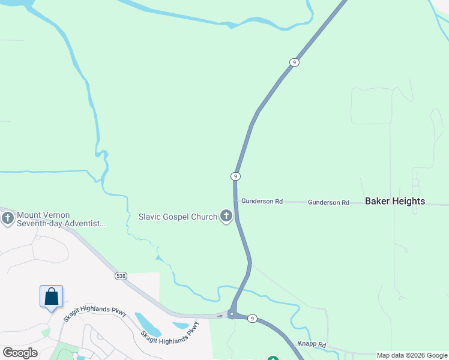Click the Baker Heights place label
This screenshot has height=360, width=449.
395,202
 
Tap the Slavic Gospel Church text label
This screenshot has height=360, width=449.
178,217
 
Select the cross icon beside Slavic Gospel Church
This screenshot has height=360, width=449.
226,216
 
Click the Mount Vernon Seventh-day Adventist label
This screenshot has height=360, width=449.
61,219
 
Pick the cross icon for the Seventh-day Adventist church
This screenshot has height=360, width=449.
8,218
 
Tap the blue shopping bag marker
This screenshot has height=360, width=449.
51,296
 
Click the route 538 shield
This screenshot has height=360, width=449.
121,276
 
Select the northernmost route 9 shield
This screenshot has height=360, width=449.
294,62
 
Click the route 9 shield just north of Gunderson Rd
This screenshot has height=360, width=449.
236,176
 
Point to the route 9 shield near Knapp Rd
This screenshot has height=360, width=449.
253,319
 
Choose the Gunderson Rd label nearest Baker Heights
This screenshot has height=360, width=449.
328,203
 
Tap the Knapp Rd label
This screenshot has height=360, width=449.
312,345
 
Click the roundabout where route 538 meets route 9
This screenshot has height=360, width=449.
232,314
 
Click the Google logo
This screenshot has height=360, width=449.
20,353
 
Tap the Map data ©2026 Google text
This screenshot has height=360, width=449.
412,355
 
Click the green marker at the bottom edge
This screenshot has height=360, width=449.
273,359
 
